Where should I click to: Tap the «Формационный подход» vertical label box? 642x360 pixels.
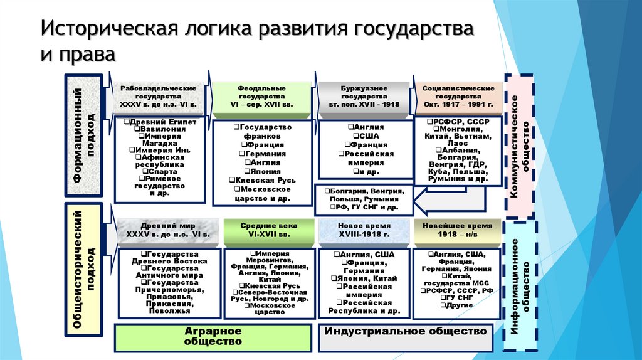coord(83,137)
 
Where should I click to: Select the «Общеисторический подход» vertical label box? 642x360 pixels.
coord(83,269)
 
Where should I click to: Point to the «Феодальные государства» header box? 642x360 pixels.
coord(262,98)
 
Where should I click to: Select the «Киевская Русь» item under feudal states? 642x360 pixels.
coord(262,179)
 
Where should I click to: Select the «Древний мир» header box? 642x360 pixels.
coord(168,230)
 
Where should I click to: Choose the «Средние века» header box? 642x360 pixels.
coord(265,230)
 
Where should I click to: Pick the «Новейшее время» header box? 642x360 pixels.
coord(458,230)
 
